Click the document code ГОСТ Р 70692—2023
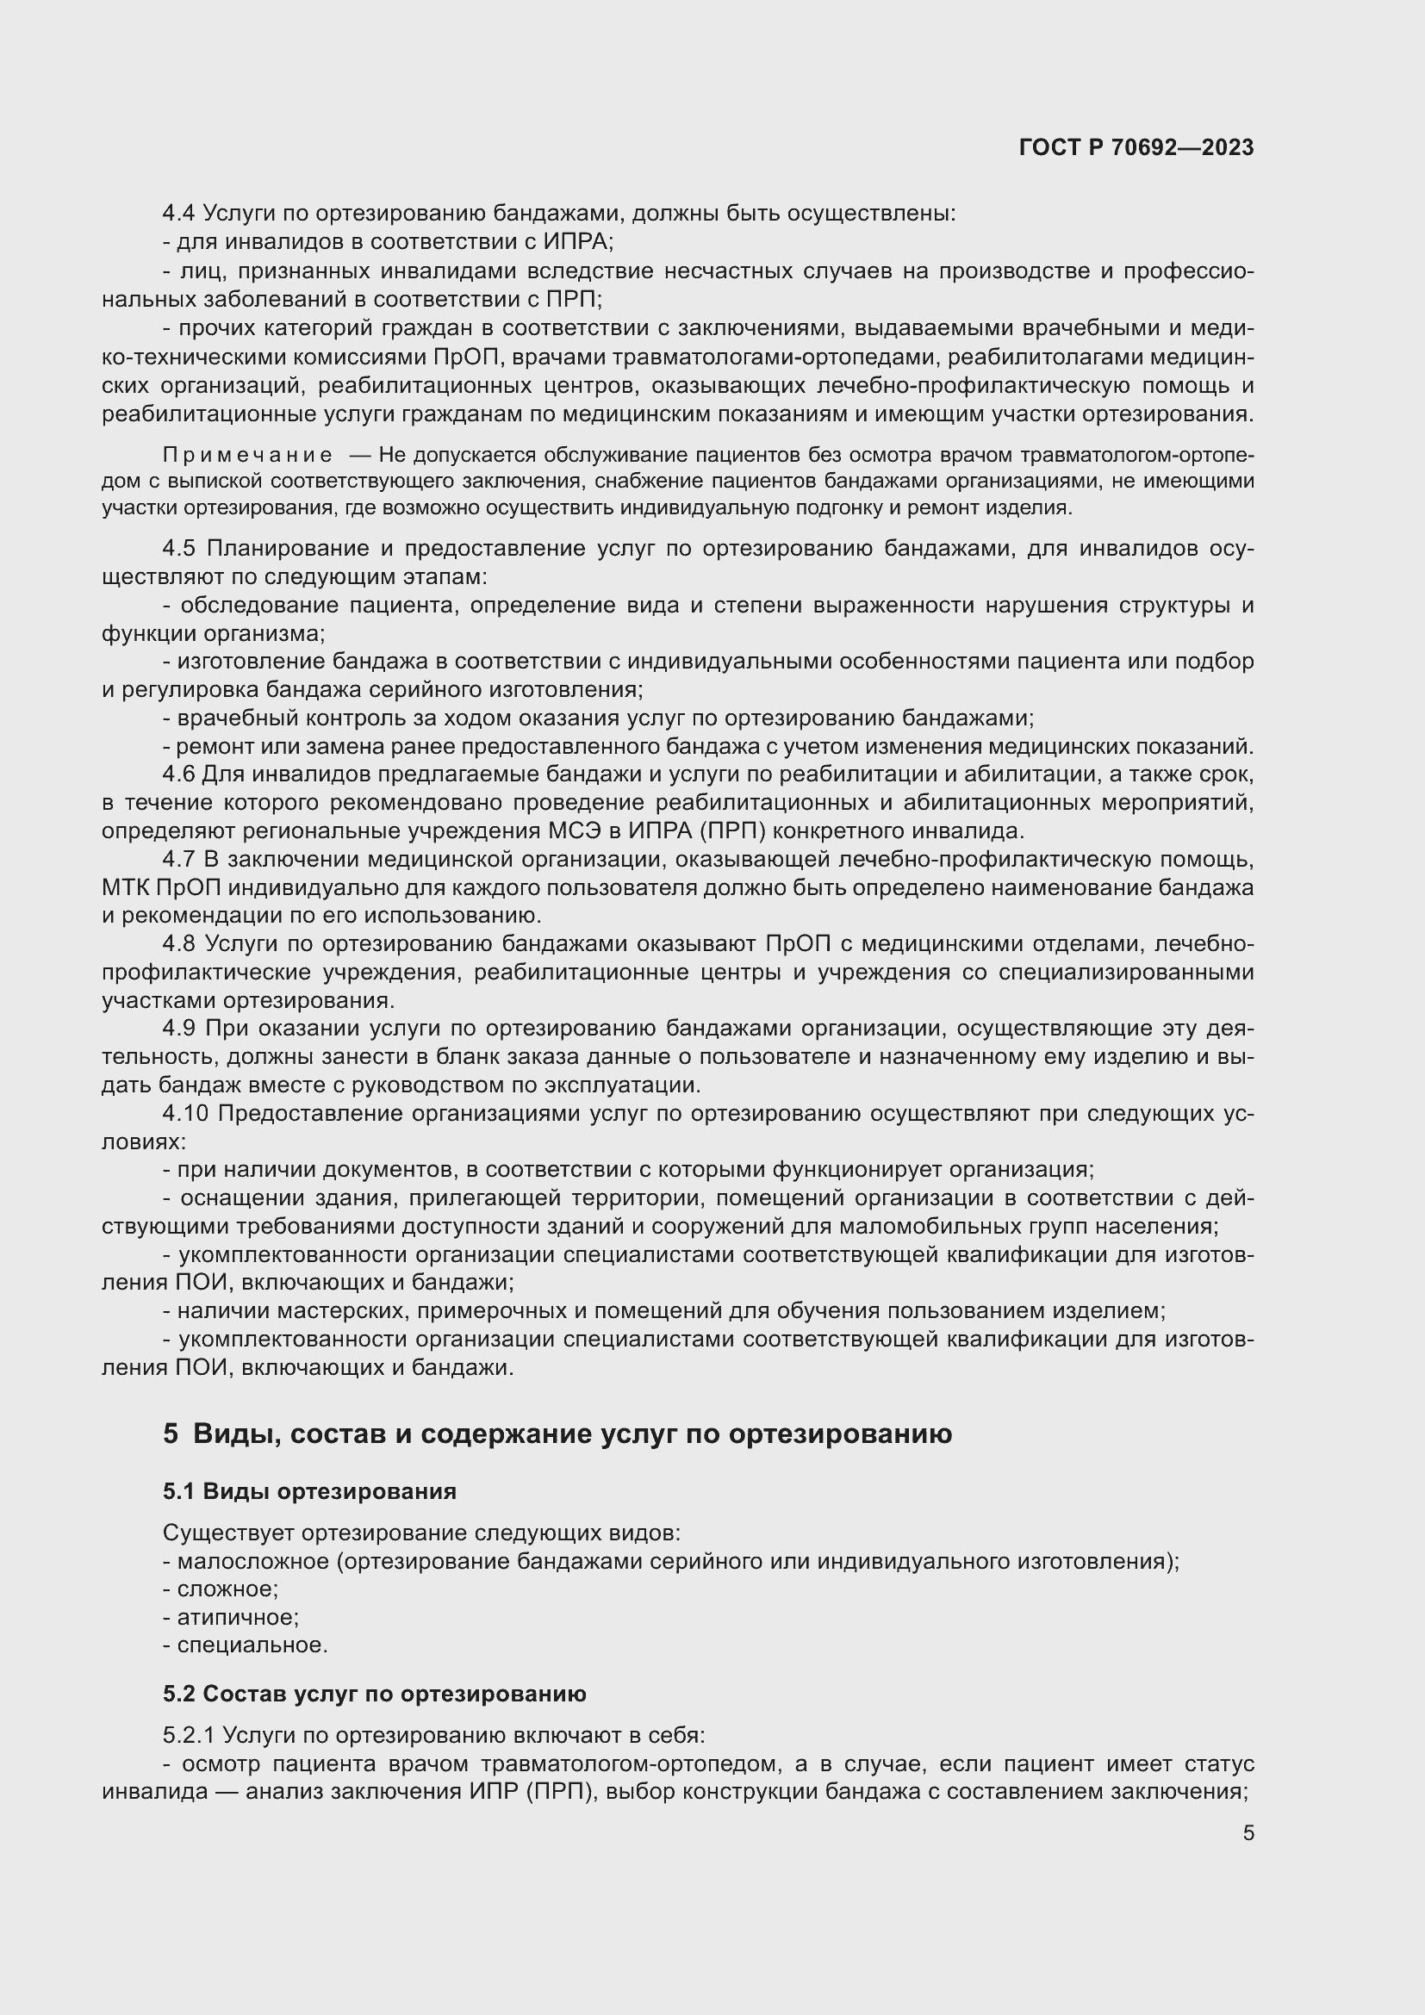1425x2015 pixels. pos(1136,147)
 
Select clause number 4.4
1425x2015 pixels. pos(179,214)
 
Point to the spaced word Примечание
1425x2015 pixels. pos(247,455)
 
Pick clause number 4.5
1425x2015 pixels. pos(179,549)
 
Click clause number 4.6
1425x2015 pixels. pos(179,774)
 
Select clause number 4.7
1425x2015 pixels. pos(179,859)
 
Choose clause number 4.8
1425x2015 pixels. pos(179,943)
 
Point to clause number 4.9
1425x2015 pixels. pos(179,1028)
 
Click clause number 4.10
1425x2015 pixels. pos(185,1113)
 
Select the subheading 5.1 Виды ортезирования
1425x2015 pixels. pos(309,1491)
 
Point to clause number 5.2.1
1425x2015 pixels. pos(189,1735)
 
